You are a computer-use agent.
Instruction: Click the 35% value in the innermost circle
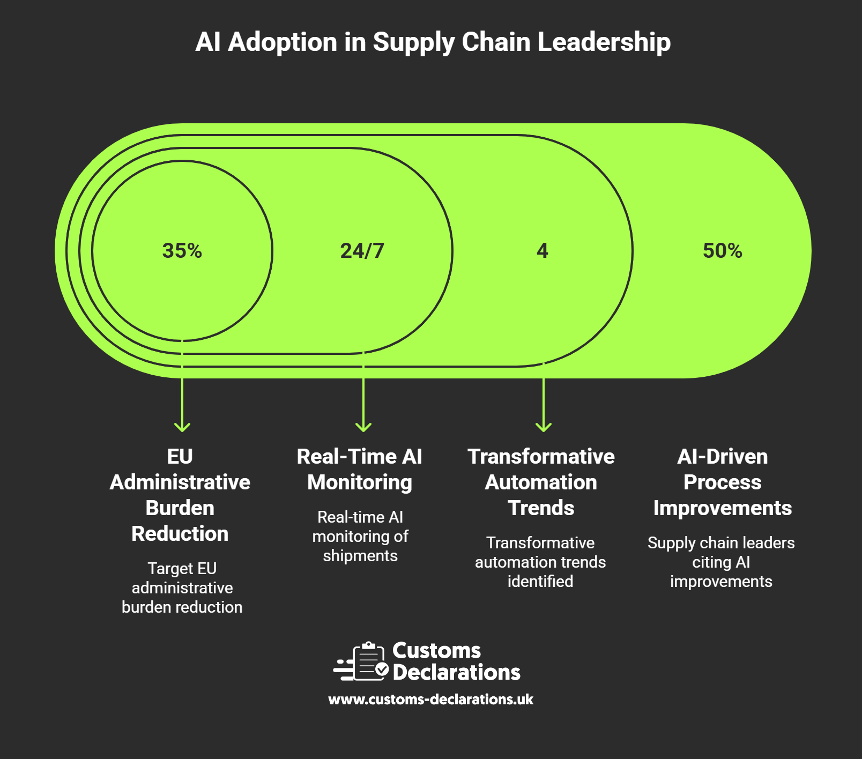point(182,251)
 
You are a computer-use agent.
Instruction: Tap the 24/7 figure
point(362,251)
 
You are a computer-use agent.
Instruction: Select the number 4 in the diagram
point(543,251)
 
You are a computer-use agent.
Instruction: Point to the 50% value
point(722,251)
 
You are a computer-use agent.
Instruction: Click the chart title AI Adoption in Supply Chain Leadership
point(433,42)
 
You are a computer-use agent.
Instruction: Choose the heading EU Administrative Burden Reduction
point(180,495)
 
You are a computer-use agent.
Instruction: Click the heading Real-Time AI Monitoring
point(360,469)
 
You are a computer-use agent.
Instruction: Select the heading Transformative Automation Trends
point(541,482)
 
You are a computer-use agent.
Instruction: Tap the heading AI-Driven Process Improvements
point(722,482)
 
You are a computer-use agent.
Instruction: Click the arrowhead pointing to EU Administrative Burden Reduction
point(182,427)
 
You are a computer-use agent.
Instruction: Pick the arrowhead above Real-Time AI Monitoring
point(363,427)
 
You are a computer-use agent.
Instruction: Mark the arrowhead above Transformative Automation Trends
point(544,427)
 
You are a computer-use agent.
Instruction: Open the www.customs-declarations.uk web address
point(430,700)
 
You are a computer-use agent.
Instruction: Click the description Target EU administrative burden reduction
point(182,587)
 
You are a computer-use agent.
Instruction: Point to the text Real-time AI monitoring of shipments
point(360,536)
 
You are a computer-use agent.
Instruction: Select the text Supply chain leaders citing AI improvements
point(721,562)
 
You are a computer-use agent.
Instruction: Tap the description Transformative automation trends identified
point(540,562)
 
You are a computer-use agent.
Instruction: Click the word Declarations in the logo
point(456,672)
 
